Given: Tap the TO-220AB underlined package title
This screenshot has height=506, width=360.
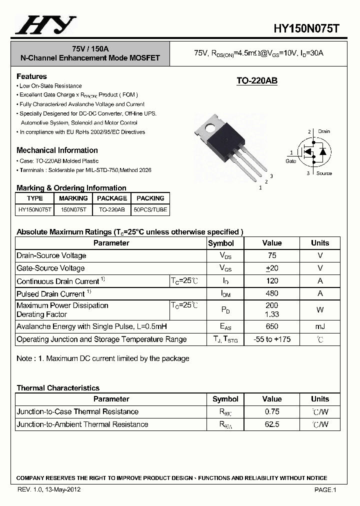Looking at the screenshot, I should (x=256, y=81).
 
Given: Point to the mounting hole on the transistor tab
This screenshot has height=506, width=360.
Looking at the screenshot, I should (x=205, y=129).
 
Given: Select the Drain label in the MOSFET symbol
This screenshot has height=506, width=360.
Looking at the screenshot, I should (x=323, y=131).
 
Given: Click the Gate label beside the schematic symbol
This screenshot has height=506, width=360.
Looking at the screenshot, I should (x=291, y=161).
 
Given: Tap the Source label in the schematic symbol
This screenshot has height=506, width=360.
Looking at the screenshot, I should (x=324, y=173).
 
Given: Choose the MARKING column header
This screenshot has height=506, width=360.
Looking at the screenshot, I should (x=73, y=198).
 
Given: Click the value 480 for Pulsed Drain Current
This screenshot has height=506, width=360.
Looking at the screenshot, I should (x=272, y=293).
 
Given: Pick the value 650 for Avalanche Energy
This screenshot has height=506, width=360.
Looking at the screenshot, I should (x=272, y=326).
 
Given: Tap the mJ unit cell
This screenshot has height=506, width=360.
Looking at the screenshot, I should (x=320, y=326).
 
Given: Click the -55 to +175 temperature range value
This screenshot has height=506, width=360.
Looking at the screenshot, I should (x=272, y=339).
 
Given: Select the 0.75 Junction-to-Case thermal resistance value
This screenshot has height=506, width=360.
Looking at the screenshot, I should (x=272, y=411).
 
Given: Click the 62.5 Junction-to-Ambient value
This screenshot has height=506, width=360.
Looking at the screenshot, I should (x=272, y=424).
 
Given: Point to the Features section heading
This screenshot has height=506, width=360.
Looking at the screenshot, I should (x=31, y=76).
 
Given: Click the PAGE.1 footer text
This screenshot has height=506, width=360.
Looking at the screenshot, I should (x=325, y=490).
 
